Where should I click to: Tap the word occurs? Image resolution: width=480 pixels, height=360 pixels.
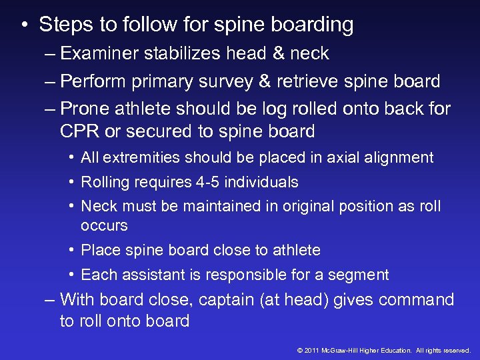[104, 226]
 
